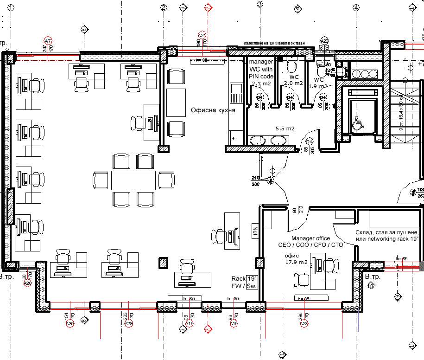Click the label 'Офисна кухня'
(x=213, y=110)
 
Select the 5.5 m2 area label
(x=285, y=129)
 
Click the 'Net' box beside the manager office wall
(x=255, y=231)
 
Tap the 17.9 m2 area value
(x=296, y=262)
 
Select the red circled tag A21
(x=202, y=35)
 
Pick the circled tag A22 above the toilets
(x=324, y=41)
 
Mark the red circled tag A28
(x=304, y=324)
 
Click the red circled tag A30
(x=70, y=324)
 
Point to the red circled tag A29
(x=128, y=324)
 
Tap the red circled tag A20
(x=27, y=283)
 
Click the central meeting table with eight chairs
(x=133, y=180)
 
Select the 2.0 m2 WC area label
(x=293, y=84)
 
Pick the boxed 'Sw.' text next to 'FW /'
(x=252, y=286)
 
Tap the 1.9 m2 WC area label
(x=318, y=86)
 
